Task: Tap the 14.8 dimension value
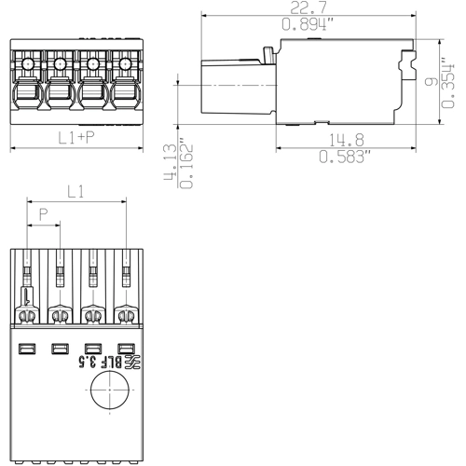coord(344,141)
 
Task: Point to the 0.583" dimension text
coord(344,158)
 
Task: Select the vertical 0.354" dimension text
coord(446,82)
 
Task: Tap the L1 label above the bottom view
coord(76,193)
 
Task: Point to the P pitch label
coord(43,214)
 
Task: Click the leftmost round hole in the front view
coord(27,63)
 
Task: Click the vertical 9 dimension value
coord(428,82)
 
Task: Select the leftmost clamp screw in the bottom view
coord(28,316)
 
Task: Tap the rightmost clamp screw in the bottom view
coord(125,316)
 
